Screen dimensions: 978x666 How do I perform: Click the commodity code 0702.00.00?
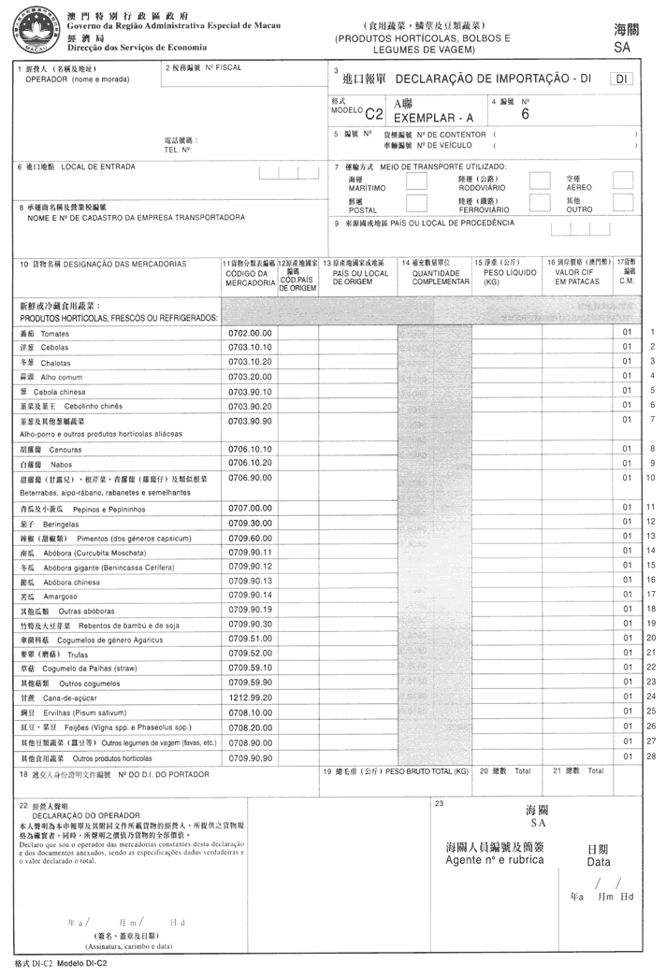pos(250,332)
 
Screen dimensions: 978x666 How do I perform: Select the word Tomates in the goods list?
pos(55,333)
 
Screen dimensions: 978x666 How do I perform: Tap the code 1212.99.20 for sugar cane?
pos(250,697)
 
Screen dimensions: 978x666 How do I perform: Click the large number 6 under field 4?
pos(526,114)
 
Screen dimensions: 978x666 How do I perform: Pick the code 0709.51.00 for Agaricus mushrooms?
pos(250,638)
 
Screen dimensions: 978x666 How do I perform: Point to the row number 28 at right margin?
pos(650,755)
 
